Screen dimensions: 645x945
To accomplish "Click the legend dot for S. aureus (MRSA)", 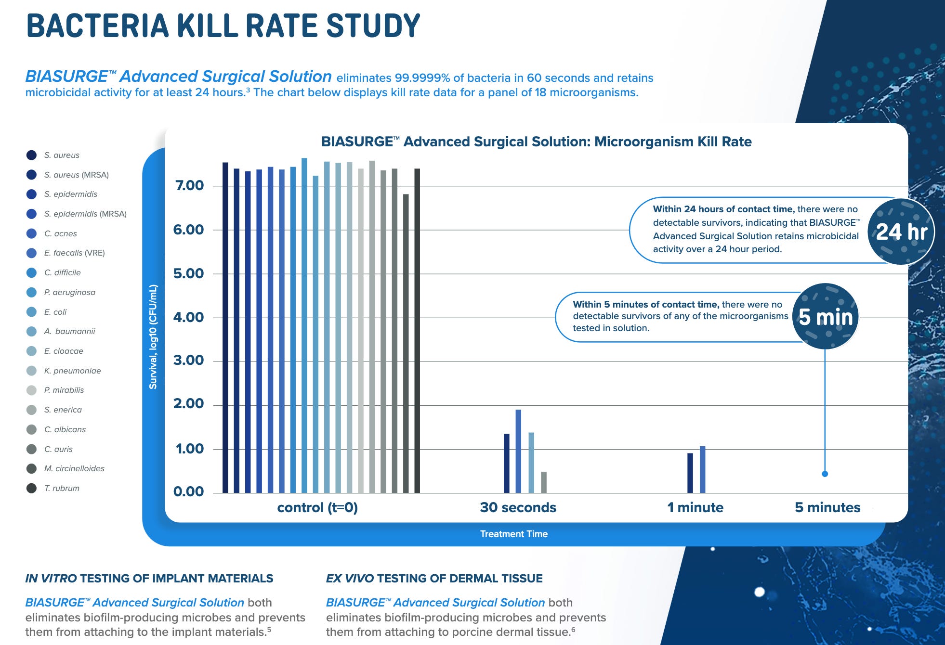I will (x=31, y=175).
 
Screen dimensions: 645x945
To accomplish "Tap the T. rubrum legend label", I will (x=62, y=488).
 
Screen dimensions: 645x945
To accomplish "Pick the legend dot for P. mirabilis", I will (x=31, y=390).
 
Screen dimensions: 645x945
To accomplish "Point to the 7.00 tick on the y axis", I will (x=189, y=186).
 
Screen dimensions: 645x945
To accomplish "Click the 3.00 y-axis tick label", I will (x=189, y=361).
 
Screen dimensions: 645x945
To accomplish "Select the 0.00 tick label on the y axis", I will (x=189, y=492).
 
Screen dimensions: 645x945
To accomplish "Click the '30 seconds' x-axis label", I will (x=518, y=507).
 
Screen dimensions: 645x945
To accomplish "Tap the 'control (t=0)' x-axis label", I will (x=317, y=508).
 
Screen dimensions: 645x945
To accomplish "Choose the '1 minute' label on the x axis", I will (x=695, y=507).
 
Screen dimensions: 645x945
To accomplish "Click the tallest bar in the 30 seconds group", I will (x=518, y=451).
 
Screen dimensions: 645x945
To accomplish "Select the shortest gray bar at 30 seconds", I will (x=544, y=482).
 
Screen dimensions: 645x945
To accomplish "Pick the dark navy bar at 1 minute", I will (x=690, y=473).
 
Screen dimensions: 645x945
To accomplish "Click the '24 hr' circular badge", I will (x=901, y=232).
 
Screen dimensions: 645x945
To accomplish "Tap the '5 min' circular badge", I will (x=826, y=317).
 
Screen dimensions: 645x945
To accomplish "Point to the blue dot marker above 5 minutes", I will (x=825, y=474).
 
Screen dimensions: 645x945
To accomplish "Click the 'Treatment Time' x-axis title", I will (x=513, y=534).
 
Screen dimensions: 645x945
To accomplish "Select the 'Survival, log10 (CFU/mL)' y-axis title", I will (x=153, y=337).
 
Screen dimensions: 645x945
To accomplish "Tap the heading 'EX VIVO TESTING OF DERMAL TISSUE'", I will (x=434, y=579).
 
